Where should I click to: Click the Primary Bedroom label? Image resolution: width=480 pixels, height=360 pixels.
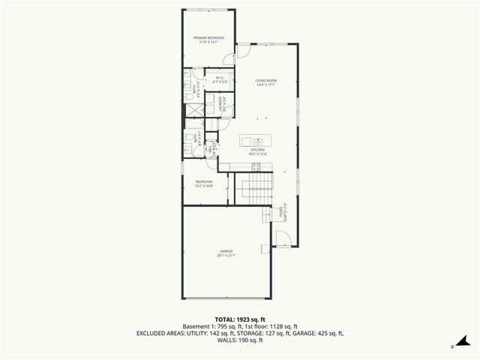tap(209, 39)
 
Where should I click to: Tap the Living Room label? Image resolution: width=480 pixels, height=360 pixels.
tap(266, 82)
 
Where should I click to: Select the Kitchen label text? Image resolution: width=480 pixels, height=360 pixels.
tap(258, 151)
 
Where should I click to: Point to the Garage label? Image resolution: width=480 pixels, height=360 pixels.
tap(226, 253)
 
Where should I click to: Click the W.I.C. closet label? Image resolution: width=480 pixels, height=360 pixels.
tap(220, 80)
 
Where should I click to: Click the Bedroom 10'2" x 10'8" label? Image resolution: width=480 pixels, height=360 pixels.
tap(205, 184)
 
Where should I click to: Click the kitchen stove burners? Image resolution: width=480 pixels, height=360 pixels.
tap(256, 166)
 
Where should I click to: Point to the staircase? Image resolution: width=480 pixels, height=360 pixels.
tap(253, 189)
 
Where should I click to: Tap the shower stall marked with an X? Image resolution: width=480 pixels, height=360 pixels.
tap(193, 109)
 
